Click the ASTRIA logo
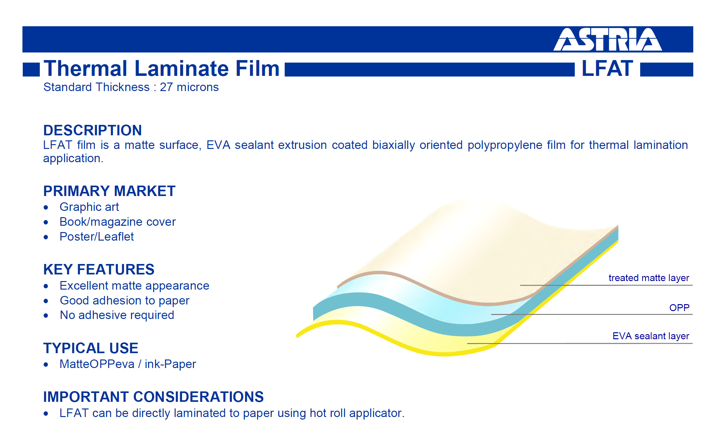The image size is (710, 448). (x=607, y=39)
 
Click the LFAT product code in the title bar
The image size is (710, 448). (x=607, y=69)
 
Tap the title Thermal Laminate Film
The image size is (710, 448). (x=161, y=68)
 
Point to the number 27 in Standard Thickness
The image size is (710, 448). (x=166, y=87)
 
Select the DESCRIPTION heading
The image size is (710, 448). (x=92, y=130)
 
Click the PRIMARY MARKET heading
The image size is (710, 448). (x=109, y=191)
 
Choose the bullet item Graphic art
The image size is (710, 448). (x=89, y=207)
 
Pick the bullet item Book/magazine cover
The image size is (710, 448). (x=118, y=222)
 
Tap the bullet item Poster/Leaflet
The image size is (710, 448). (x=97, y=237)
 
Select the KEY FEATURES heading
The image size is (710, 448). (x=99, y=269)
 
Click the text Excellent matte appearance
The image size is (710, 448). (x=134, y=286)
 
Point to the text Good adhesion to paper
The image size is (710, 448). (x=124, y=301)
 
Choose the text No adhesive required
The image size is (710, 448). (x=117, y=315)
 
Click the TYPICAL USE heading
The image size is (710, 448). (x=91, y=348)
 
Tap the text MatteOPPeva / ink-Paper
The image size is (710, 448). (x=128, y=364)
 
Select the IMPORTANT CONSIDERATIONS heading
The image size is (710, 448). (x=153, y=397)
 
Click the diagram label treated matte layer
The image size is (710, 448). (x=649, y=278)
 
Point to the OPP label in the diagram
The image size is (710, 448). (x=679, y=308)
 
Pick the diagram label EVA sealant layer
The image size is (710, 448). (x=651, y=336)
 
